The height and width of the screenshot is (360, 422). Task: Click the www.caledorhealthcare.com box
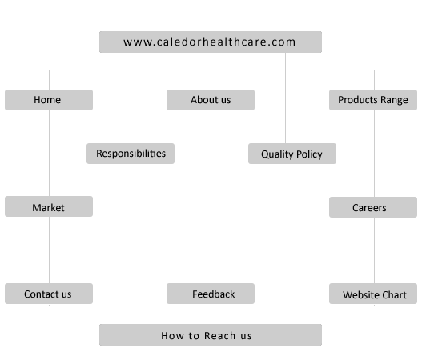[211, 42]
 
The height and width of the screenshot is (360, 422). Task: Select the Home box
[49, 100]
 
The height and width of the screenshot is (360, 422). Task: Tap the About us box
[211, 100]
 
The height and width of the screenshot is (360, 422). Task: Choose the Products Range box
[373, 100]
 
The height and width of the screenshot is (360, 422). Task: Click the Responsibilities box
[131, 154]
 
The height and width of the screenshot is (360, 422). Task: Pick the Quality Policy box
[292, 154]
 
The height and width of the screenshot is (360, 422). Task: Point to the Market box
[49, 206]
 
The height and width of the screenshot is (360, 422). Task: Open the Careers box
[373, 207]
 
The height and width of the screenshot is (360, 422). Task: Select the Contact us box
[49, 294]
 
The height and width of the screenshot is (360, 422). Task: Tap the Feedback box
[211, 294]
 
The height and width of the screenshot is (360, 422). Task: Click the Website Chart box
[373, 294]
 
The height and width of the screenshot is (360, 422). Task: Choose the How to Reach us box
[211, 334]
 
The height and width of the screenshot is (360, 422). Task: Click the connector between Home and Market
[50, 154]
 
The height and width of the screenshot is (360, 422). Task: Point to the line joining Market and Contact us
[50, 250]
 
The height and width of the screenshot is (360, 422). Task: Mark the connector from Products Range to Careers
[375, 154]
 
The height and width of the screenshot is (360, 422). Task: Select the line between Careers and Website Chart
[375, 250]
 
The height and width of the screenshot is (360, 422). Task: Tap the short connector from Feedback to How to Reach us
[211, 314]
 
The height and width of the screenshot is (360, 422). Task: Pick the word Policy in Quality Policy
[309, 154]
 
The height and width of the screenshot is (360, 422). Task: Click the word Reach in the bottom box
[220, 336]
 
